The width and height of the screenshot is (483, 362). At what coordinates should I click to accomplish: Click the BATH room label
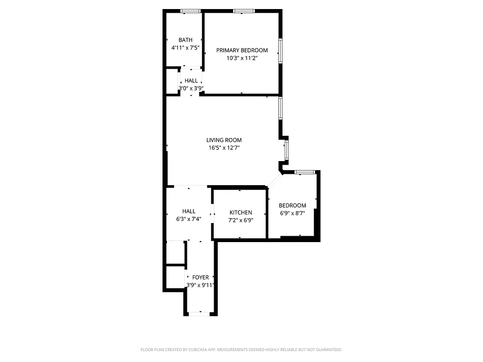coord(185,40)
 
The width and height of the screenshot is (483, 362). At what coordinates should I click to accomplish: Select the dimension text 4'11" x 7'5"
coord(185,48)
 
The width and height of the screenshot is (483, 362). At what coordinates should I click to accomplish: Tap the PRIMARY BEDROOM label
coord(242,50)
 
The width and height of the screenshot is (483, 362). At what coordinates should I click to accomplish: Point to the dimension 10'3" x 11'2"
coord(242,58)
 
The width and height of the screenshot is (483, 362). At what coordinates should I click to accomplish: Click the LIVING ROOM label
coord(224,140)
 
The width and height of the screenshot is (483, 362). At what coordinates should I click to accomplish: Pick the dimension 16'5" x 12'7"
coord(224,148)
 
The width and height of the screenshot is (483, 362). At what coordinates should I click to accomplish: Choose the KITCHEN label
coord(240,213)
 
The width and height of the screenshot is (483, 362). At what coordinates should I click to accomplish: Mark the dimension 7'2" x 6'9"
coord(240,220)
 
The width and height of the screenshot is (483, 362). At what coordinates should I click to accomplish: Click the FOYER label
coord(201,277)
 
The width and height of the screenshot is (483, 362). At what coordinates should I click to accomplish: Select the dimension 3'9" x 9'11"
coord(200,285)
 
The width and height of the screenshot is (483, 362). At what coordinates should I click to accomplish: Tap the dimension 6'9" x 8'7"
coord(292,213)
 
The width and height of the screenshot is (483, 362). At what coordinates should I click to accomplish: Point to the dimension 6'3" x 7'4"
coord(189,219)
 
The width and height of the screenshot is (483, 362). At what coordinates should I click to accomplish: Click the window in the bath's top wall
coord(191,11)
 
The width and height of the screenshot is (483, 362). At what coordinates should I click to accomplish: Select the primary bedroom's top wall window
coord(244,11)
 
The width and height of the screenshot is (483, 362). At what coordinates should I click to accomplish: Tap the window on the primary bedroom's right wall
coord(280,51)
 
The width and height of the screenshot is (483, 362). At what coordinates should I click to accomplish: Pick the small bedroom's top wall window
coord(305,172)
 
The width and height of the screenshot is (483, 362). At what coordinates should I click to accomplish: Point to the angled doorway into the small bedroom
coord(274,181)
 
